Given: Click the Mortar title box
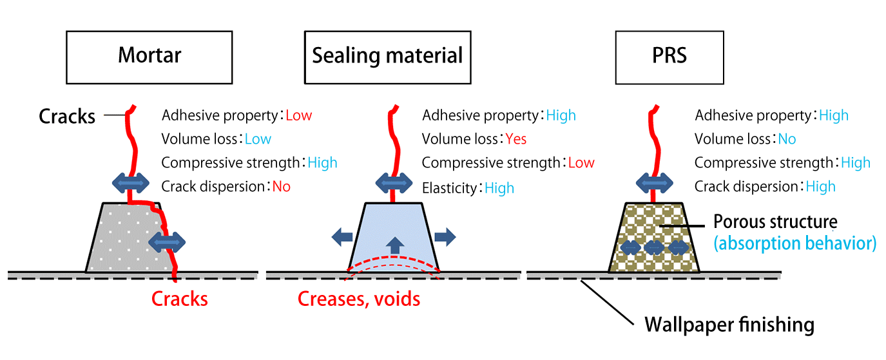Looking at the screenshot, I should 149,56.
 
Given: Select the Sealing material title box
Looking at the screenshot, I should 387,56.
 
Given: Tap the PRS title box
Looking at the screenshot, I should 669,56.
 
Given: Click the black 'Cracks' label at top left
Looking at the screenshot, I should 67,117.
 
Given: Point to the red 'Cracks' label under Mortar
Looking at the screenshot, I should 180,299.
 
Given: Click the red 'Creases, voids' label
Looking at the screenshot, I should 359,299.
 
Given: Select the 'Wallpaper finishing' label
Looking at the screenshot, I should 729,325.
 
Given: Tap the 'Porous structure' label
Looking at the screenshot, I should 775,222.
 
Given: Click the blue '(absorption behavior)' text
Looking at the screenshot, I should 795,243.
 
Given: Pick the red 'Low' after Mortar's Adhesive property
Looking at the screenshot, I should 298,116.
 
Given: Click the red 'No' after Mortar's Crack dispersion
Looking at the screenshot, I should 281,187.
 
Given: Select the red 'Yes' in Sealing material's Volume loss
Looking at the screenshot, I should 516,139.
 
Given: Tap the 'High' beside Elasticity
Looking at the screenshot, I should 499,188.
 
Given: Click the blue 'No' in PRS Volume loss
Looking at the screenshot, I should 787,139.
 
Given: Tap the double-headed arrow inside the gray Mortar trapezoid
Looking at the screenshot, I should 167,242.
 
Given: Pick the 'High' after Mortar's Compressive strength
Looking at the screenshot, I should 322,163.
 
